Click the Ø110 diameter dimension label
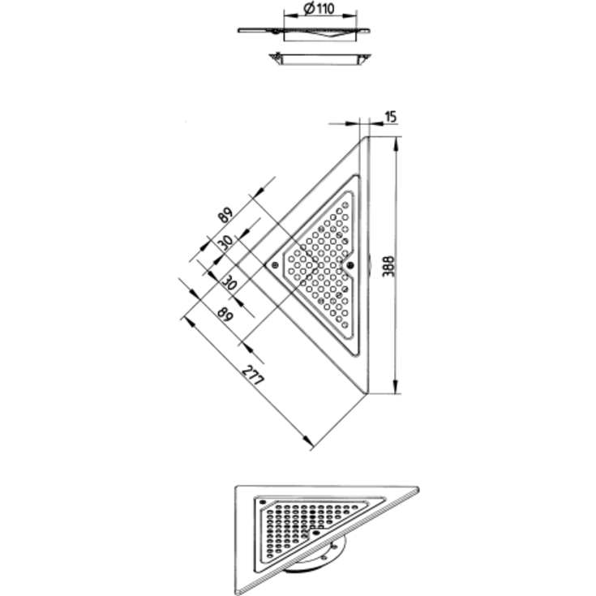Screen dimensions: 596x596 click(x=319, y=8)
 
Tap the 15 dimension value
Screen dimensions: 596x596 click(x=391, y=117)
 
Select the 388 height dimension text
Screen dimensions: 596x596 click(x=388, y=266)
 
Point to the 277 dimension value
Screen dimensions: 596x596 click(x=253, y=375)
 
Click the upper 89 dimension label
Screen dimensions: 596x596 click(x=225, y=215)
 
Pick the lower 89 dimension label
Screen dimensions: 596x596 click(x=225, y=315)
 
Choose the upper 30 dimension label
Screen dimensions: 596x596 click(x=226, y=242)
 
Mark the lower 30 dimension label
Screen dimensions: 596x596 click(x=229, y=283)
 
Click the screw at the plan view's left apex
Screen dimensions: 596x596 click(x=274, y=265)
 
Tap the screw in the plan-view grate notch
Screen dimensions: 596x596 click(x=350, y=265)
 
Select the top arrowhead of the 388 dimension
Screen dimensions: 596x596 click(x=396, y=144)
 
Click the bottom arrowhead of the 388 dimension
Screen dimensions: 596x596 click(x=396, y=387)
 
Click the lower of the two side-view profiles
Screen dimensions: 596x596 click(x=320, y=59)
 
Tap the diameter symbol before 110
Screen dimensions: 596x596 click(x=310, y=8)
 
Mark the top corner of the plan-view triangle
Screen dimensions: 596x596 click(x=367, y=137)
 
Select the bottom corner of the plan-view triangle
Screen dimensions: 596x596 click(x=367, y=393)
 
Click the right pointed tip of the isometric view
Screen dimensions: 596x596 click(x=418, y=489)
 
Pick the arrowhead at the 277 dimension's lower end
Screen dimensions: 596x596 click(x=309, y=441)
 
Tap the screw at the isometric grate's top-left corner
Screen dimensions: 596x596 click(x=262, y=502)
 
